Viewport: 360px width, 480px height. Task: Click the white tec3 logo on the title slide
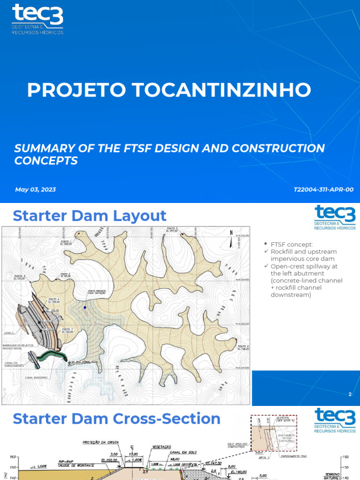tap(37, 19)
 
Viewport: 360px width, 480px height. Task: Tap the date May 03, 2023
tap(35, 189)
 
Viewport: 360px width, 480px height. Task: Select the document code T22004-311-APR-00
tap(323, 189)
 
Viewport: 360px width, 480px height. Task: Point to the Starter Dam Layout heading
tap(90, 216)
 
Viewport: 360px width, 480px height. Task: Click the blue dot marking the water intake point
tap(85, 308)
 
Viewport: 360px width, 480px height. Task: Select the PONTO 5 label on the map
tap(174, 229)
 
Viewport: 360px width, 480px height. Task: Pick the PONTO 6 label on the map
tap(242, 347)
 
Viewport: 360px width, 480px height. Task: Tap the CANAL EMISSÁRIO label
tap(36, 377)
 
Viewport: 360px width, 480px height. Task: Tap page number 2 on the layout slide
tap(350, 395)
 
